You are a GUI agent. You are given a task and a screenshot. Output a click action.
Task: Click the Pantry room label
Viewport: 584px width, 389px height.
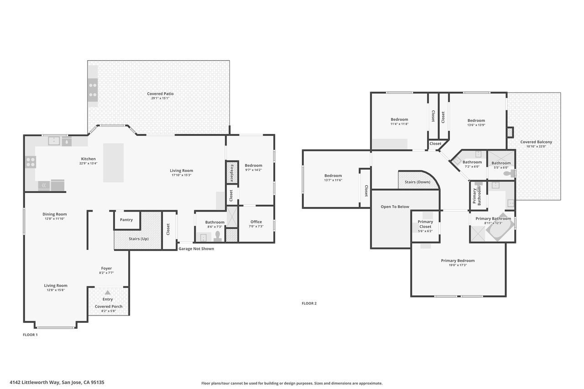[x=126, y=220]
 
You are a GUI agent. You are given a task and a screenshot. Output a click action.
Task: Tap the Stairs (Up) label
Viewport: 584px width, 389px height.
[x=138, y=239]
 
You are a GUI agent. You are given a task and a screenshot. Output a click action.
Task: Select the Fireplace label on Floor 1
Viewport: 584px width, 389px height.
[x=232, y=173]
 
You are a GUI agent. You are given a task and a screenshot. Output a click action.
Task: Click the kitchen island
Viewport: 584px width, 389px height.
[x=114, y=163]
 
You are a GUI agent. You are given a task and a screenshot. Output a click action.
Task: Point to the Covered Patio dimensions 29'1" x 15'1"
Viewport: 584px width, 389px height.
[x=160, y=98]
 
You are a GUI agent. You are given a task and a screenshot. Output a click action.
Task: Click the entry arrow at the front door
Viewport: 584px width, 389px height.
[x=108, y=292]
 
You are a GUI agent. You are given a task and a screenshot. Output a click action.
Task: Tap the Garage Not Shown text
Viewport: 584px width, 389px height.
[x=196, y=249]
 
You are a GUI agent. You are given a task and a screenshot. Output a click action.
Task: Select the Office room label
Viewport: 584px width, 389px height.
[x=256, y=222]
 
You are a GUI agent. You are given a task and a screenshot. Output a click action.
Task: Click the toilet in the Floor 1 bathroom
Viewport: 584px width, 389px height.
[x=218, y=236]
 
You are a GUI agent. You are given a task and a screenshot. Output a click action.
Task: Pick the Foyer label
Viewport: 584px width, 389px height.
[x=106, y=268]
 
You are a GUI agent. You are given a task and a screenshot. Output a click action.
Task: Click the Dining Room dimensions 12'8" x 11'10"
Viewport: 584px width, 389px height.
[x=54, y=218]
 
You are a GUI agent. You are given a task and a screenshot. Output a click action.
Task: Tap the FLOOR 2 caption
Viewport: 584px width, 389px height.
[x=309, y=303]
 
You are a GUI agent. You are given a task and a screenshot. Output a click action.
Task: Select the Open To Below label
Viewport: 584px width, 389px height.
[x=395, y=207]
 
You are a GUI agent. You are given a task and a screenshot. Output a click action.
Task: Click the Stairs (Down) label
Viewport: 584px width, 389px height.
[x=417, y=182]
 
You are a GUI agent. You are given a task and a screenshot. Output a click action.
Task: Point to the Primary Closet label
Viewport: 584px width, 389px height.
[x=425, y=224]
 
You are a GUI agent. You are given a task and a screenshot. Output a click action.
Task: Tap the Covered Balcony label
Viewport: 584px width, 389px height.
[x=536, y=142]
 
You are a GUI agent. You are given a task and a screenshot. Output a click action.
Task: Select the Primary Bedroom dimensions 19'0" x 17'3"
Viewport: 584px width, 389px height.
[x=458, y=265]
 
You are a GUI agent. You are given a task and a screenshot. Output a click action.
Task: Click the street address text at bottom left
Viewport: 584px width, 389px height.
[x=57, y=382]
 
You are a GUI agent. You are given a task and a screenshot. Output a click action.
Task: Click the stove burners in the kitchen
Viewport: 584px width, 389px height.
[x=31, y=162]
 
